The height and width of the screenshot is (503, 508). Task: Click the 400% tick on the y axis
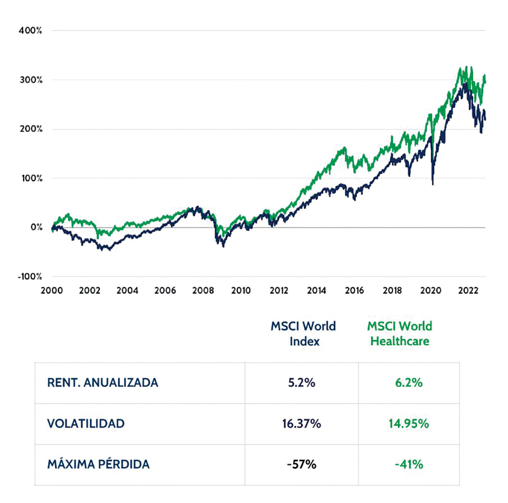30,30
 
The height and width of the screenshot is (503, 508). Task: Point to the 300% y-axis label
31,80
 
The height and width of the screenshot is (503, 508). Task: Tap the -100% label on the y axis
30,276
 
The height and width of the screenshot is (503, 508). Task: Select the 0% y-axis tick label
36,227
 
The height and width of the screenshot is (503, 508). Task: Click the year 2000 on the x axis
52,290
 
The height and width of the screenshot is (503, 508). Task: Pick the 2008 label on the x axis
203,290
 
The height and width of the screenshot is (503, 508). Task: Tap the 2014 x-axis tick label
317,290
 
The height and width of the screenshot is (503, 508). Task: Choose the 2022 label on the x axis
468,290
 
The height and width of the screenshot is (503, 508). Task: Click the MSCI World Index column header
303,333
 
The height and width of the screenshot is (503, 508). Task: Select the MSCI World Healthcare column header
400,333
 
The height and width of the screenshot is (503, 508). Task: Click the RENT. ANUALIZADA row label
103,383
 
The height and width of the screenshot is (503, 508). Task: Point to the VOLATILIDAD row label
86,423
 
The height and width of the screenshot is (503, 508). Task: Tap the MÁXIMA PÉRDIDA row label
98,464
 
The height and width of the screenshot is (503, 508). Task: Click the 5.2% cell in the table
302,383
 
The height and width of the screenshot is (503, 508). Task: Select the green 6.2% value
409,383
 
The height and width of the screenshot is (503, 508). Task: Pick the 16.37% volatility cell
302,423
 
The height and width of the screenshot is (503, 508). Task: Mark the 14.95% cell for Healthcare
409,423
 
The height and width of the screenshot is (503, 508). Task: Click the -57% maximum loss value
302,464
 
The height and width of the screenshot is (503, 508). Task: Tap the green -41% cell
409,464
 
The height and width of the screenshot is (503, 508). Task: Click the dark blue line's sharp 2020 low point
433,184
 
